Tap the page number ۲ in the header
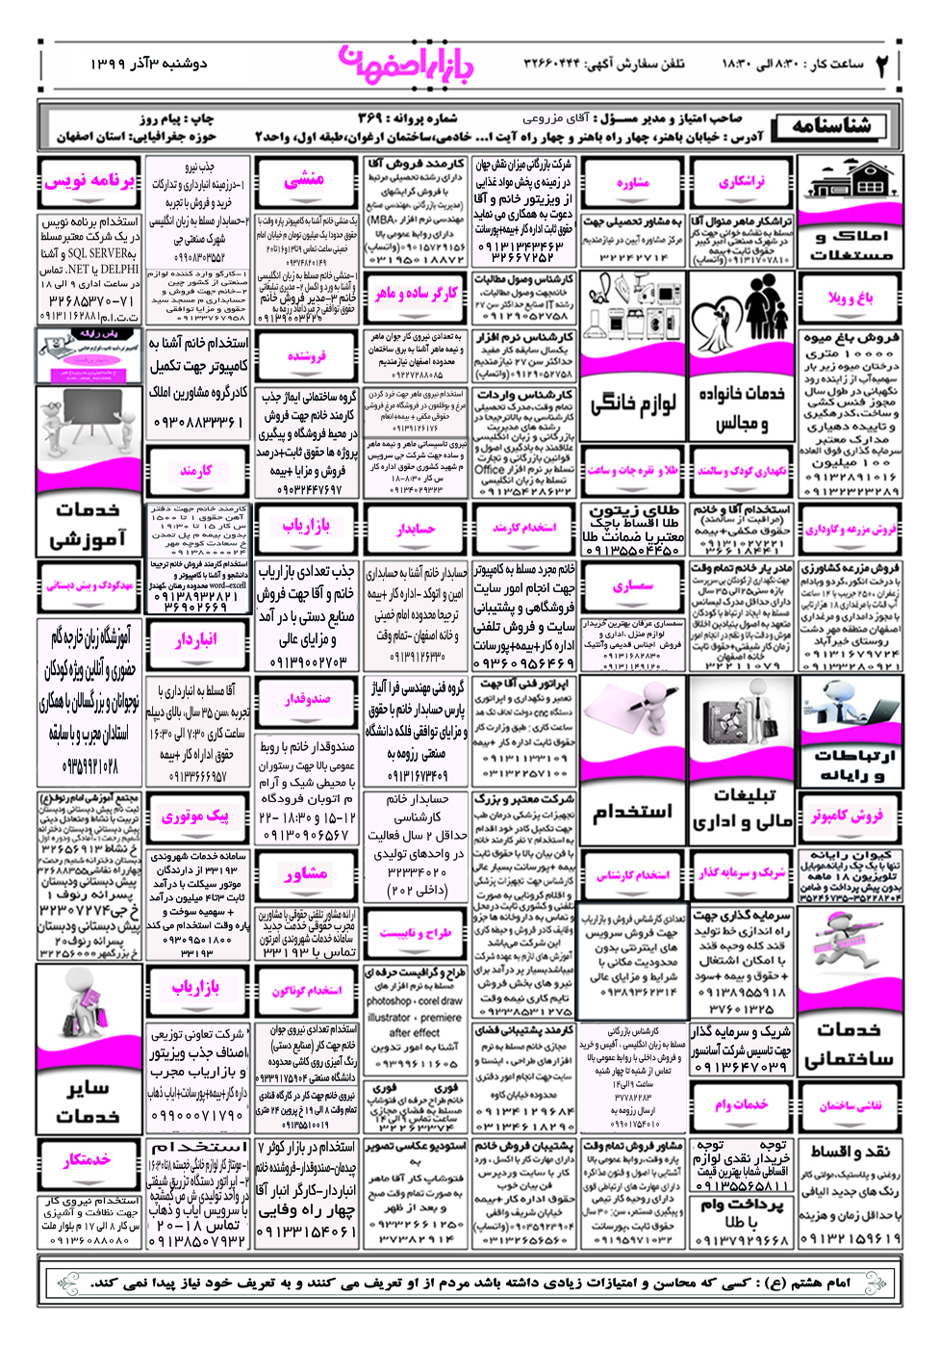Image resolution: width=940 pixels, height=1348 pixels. click(x=882, y=65)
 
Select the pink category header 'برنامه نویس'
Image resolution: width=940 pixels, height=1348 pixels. click(x=89, y=180)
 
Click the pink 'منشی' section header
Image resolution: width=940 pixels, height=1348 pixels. click(x=304, y=179)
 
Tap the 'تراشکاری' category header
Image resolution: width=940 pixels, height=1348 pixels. click(x=741, y=181)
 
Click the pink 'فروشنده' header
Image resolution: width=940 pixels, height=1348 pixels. click(x=306, y=356)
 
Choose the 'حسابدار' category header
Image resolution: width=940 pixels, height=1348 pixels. click(x=416, y=528)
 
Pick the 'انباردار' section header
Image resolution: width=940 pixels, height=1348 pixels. click(x=196, y=639)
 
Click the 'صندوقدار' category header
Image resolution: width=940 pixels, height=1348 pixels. click(x=307, y=699)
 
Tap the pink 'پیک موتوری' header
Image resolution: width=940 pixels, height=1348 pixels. click(x=196, y=816)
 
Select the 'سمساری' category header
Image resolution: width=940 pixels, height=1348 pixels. click(x=632, y=585)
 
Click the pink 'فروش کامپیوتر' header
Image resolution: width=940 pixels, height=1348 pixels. click(x=847, y=816)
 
